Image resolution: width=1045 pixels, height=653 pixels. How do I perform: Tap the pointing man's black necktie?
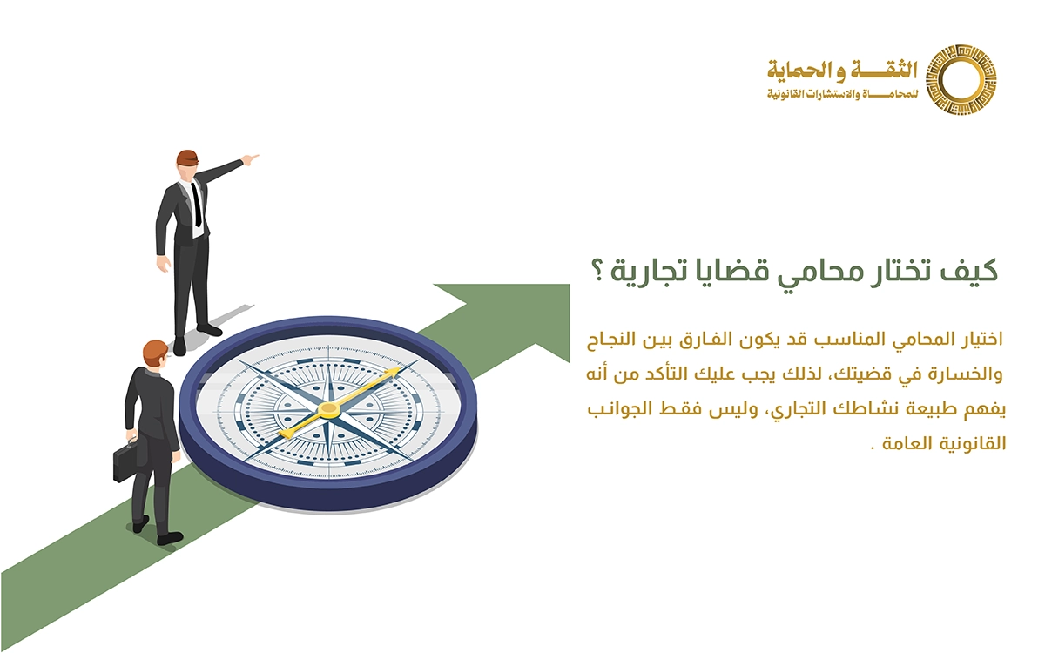tap(197, 204)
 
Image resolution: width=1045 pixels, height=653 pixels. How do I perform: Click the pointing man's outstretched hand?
tap(250, 159)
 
